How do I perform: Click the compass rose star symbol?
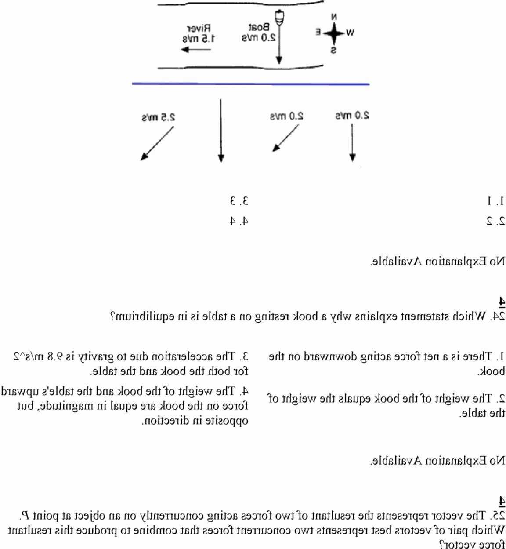coord(334,33)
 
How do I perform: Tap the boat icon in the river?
coord(279,18)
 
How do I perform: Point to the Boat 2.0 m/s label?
coord(259,33)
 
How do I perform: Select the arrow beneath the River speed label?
coord(196,49)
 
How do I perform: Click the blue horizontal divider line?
coord(250,84)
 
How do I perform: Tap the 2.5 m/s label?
coord(158,117)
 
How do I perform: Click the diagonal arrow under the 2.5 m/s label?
coord(157,143)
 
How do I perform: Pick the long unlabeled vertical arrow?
coord(221,131)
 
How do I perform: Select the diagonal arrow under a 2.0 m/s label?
coord(286,138)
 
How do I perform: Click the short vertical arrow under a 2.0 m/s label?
coord(352,142)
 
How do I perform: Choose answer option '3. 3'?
coord(239,201)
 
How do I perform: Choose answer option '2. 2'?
coord(496,221)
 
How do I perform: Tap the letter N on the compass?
coord(334,17)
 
